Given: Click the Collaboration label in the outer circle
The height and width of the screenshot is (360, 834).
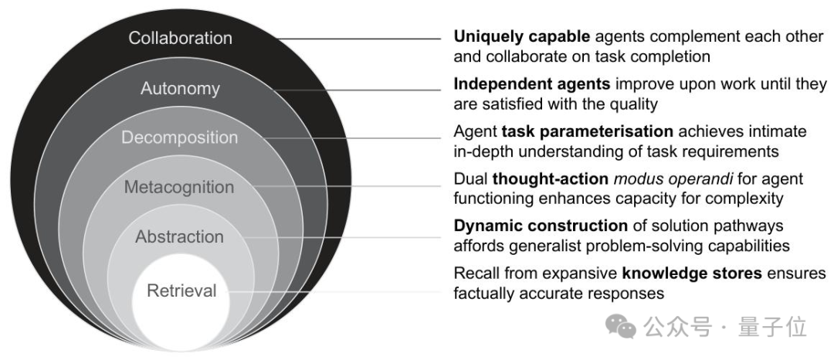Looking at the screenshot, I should (180, 38).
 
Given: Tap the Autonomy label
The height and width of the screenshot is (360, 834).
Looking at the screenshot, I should (180, 89).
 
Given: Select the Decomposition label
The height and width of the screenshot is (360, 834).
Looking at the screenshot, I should (180, 138).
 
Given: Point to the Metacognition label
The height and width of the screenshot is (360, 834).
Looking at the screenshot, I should (180, 188).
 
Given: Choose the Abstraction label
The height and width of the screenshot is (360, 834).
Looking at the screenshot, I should (180, 237).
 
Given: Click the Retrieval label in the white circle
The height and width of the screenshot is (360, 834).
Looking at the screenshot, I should (181, 291).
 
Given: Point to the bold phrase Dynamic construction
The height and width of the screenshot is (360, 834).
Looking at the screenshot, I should (541, 226).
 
